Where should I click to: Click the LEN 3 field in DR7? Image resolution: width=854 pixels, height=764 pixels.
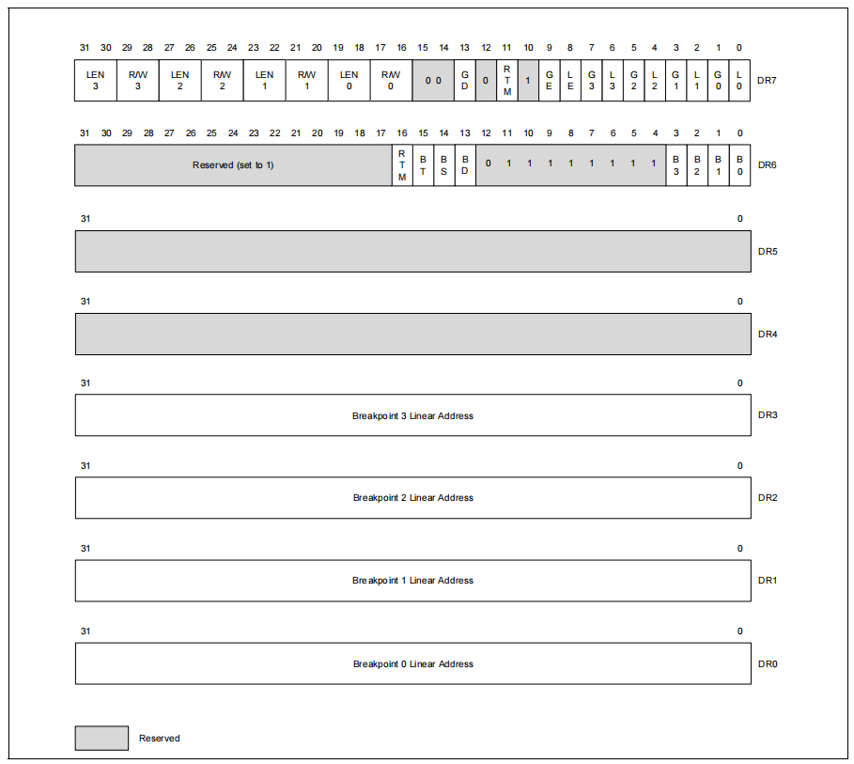[95, 81]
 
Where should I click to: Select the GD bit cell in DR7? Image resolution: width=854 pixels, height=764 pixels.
[465, 81]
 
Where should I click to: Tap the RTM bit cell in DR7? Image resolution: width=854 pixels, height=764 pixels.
[507, 81]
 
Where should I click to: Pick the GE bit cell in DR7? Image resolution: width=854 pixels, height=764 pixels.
[549, 81]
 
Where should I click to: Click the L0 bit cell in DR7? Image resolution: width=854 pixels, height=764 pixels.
[739, 81]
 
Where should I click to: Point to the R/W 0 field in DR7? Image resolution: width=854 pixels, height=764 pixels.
[391, 81]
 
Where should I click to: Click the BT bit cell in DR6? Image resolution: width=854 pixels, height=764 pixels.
[423, 165]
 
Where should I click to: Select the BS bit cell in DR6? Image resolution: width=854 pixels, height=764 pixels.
[443, 165]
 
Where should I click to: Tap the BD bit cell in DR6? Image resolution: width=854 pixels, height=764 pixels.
[465, 165]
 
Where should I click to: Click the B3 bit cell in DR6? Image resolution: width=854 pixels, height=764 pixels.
[675, 165]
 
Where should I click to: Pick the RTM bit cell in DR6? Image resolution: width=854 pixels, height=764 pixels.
[402, 165]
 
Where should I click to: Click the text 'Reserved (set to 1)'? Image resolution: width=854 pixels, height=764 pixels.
[233, 165]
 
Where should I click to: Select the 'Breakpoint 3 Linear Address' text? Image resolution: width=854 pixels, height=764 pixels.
[412, 415]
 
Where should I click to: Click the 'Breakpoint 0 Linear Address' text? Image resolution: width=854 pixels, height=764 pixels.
[412, 663]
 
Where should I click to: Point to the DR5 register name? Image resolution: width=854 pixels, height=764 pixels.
[768, 252]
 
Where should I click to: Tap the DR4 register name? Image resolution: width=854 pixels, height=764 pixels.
[768, 334]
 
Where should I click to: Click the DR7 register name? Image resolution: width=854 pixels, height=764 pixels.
[767, 81]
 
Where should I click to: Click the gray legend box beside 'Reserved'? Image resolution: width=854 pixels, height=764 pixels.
[101, 738]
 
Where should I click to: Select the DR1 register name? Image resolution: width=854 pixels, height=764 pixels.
[768, 581]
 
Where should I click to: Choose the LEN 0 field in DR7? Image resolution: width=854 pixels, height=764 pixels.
[349, 81]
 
